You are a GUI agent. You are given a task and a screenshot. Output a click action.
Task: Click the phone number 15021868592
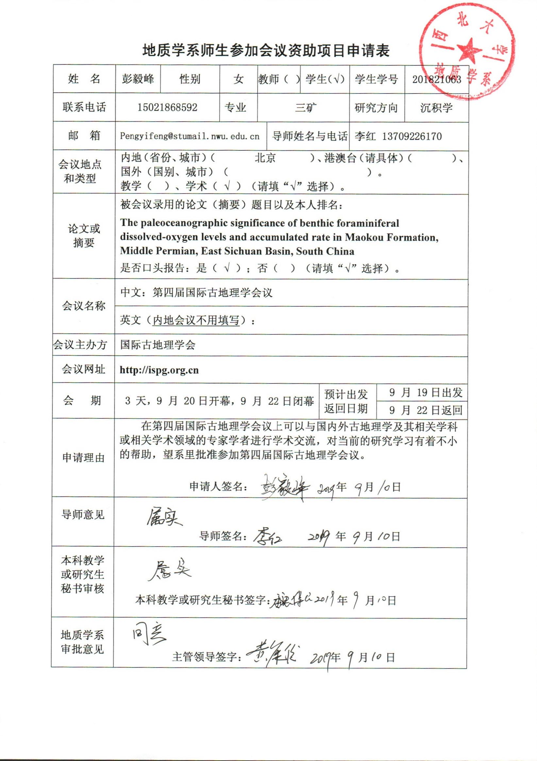click(167, 108)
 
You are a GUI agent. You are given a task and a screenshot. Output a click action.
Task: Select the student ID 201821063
click(437, 79)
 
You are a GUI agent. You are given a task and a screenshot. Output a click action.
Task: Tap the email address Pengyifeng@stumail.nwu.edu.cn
click(190, 136)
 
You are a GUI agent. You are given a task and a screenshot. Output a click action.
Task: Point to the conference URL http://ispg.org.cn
click(159, 370)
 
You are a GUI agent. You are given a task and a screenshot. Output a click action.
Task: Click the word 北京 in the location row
click(265, 158)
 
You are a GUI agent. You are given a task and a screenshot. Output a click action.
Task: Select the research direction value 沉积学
click(436, 108)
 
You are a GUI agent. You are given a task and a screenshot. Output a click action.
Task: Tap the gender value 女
click(238, 79)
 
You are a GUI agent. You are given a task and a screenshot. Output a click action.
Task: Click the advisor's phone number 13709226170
click(412, 136)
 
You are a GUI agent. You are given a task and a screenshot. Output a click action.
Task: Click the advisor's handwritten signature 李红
click(268, 536)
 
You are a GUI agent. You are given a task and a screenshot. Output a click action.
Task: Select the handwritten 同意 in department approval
click(148, 635)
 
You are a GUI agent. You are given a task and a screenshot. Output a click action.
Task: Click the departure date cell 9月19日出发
click(426, 393)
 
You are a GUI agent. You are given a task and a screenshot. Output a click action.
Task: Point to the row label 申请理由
click(83, 458)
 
